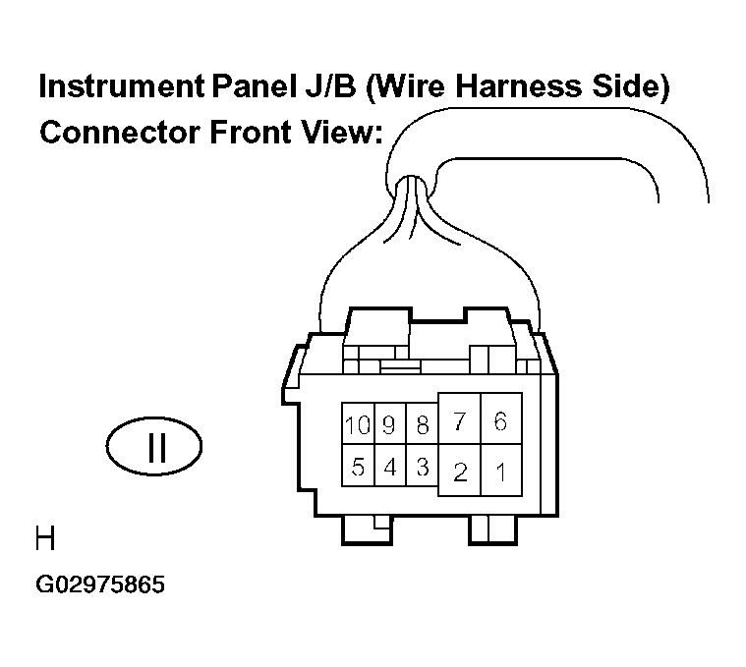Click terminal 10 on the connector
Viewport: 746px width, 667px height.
[x=358, y=424]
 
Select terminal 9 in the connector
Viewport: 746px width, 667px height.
[x=390, y=424]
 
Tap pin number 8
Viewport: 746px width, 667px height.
[x=422, y=424]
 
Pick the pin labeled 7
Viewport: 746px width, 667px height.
[x=460, y=418]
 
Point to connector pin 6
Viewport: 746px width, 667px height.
[x=501, y=418]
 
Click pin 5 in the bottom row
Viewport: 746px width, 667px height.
[x=358, y=466]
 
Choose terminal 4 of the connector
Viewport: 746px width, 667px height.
[x=390, y=466]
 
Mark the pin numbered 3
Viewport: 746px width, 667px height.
[x=422, y=466]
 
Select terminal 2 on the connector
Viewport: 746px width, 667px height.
[x=460, y=471]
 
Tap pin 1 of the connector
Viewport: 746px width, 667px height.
[x=501, y=471]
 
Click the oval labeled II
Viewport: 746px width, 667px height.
[x=153, y=417]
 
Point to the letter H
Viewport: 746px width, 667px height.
[x=45, y=538]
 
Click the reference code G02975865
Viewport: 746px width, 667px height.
[x=100, y=584]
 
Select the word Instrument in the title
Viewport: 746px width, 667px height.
[x=122, y=86]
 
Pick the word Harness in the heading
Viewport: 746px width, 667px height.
[x=519, y=86]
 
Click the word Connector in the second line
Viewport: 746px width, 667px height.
[x=120, y=133]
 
